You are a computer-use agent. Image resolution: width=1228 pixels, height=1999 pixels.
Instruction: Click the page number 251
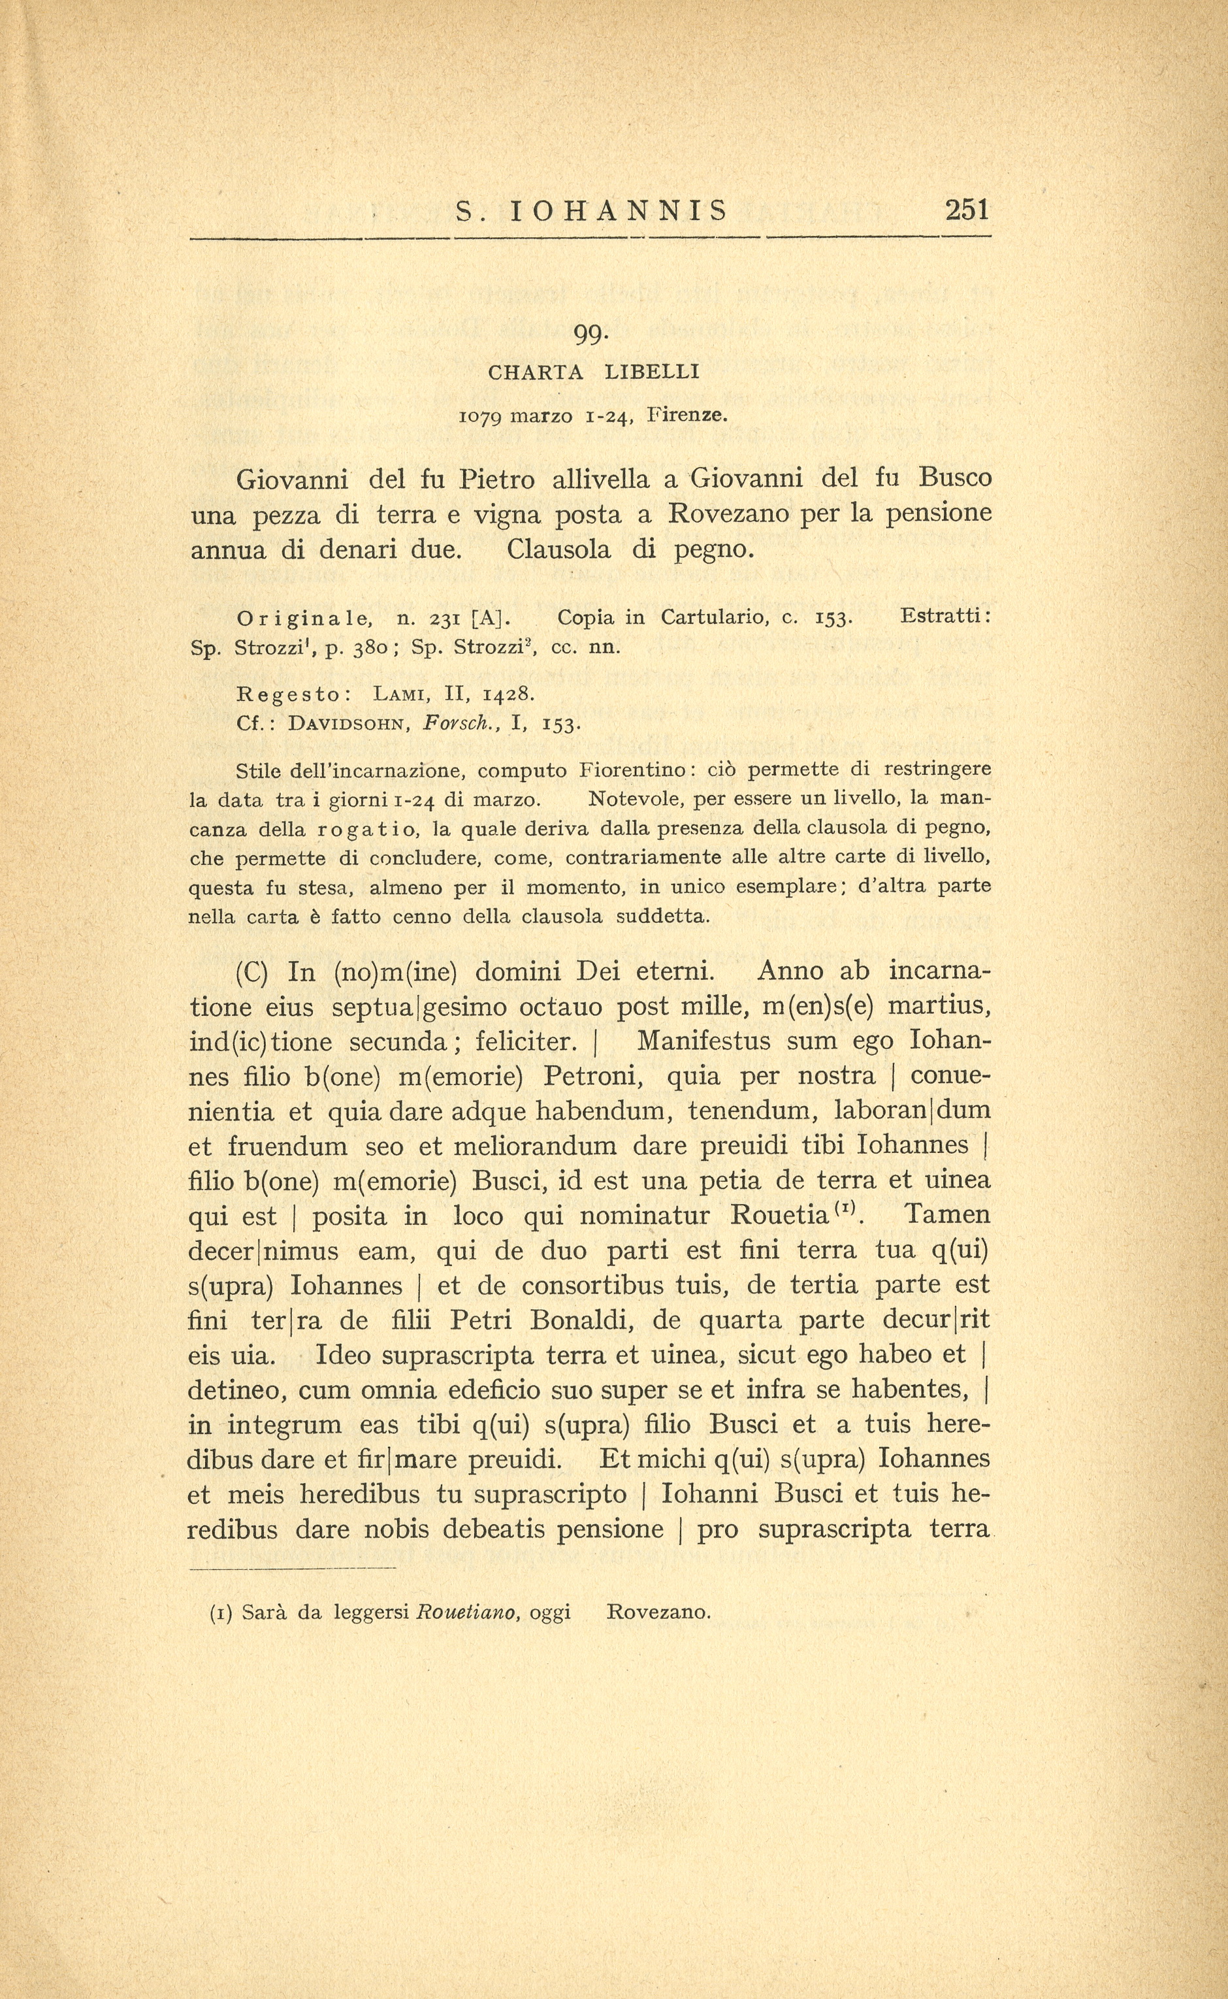click(x=967, y=210)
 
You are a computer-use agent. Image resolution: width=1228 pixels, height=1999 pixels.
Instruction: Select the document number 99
click(x=590, y=334)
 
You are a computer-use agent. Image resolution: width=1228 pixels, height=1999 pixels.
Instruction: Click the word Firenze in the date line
click(x=687, y=416)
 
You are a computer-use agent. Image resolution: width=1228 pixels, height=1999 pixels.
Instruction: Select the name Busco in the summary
click(x=955, y=478)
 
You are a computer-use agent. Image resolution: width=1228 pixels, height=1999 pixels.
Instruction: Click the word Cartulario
click(x=715, y=618)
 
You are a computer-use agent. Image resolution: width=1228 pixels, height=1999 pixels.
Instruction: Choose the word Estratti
click(x=945, y=617)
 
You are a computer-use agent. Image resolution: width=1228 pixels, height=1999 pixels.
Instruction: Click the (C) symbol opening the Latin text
click(x=251, y=972)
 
